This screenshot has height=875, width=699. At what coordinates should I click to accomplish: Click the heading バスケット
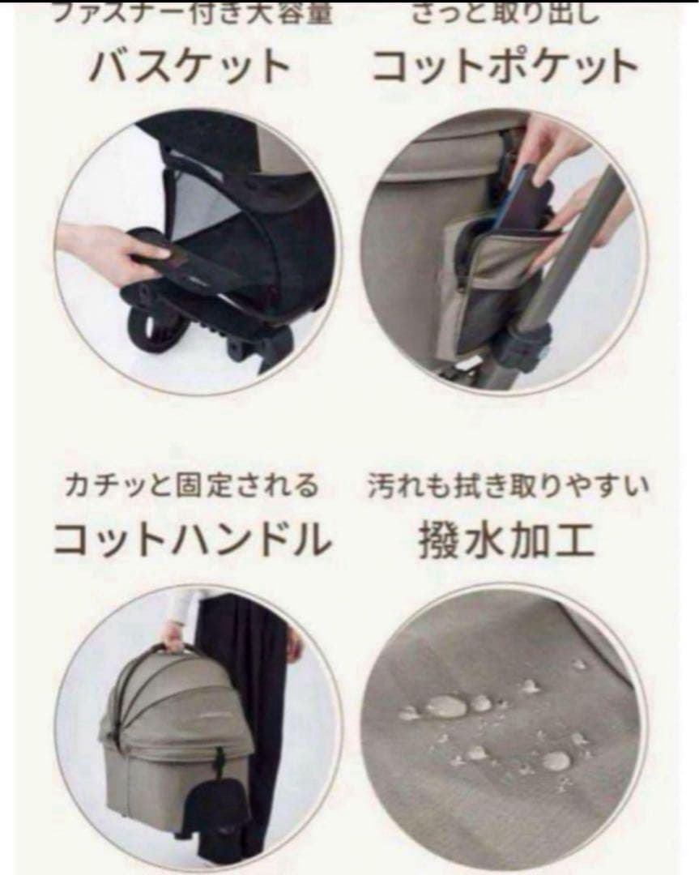pyautogui.click(x=190, y=66)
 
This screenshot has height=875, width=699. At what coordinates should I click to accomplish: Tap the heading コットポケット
pyautogui.click(x=505, y=66)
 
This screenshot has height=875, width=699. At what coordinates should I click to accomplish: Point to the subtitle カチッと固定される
pyautogui.click(x=192, y=487)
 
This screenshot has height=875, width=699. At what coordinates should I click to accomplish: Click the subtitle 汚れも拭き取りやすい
pyautogui.click(x=508, y=487)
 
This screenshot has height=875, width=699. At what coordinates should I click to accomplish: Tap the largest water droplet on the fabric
pyautogui.click(x=445, y=706)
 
